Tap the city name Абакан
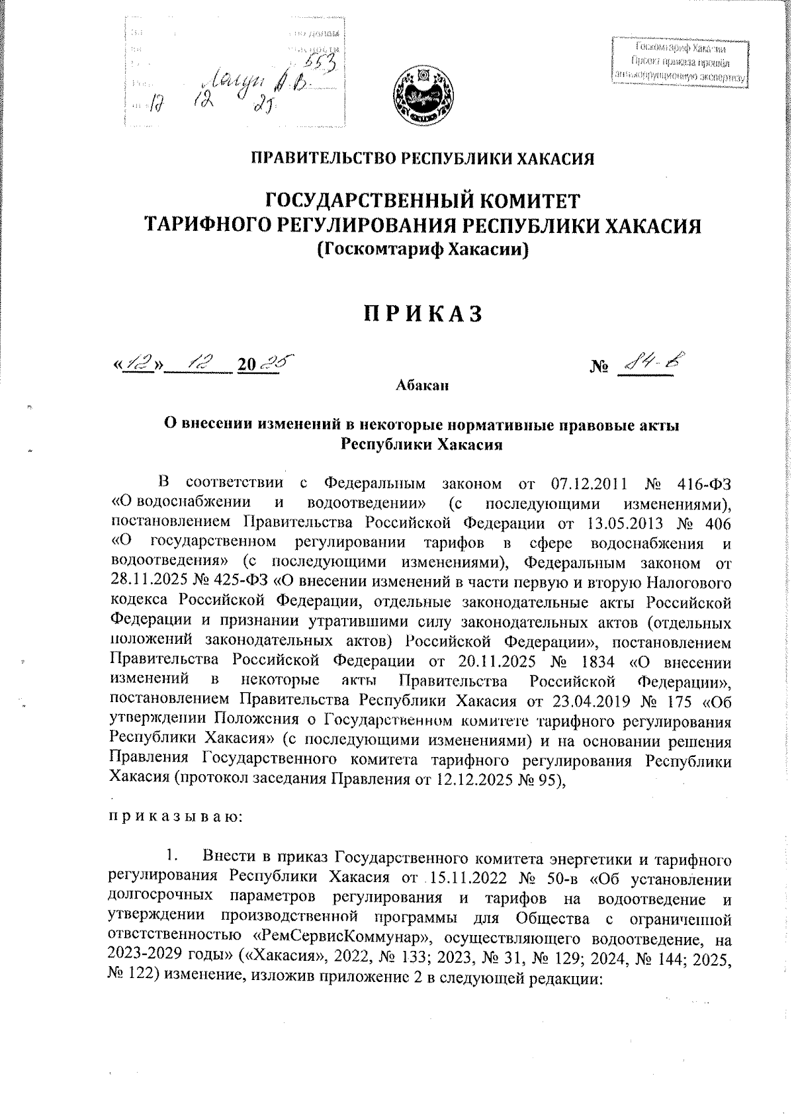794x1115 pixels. (x=423, y=386)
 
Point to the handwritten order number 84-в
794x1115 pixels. (x=651, y=362)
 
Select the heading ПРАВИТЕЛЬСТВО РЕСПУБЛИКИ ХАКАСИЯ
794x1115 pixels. (x=423, y=158)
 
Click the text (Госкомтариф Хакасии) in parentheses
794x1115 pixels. (x=423, y=250)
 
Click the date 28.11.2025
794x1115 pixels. (x=144, y=584)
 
